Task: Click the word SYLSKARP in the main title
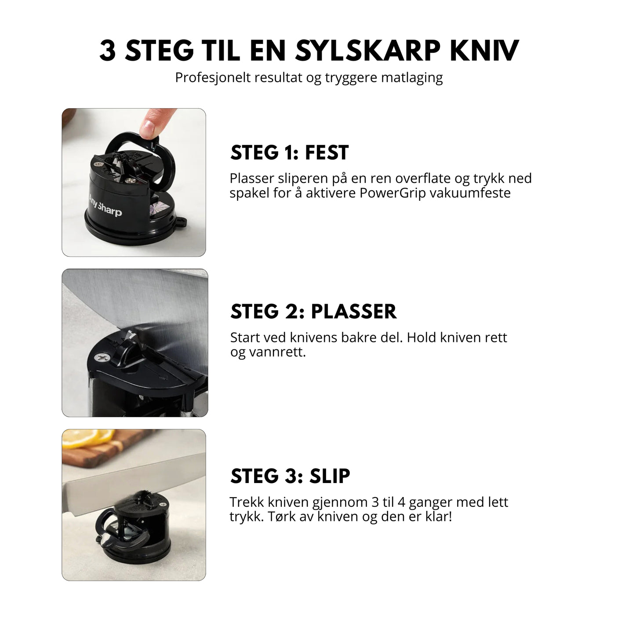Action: (x=367, y=51)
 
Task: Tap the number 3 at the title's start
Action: (x=108, y=51)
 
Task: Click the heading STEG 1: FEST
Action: (x=289, y=153)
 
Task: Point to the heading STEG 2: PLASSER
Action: (x=313, y=311)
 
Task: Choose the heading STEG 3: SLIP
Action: (x=290, y=476)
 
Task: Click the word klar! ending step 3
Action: (x=438, y=516)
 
